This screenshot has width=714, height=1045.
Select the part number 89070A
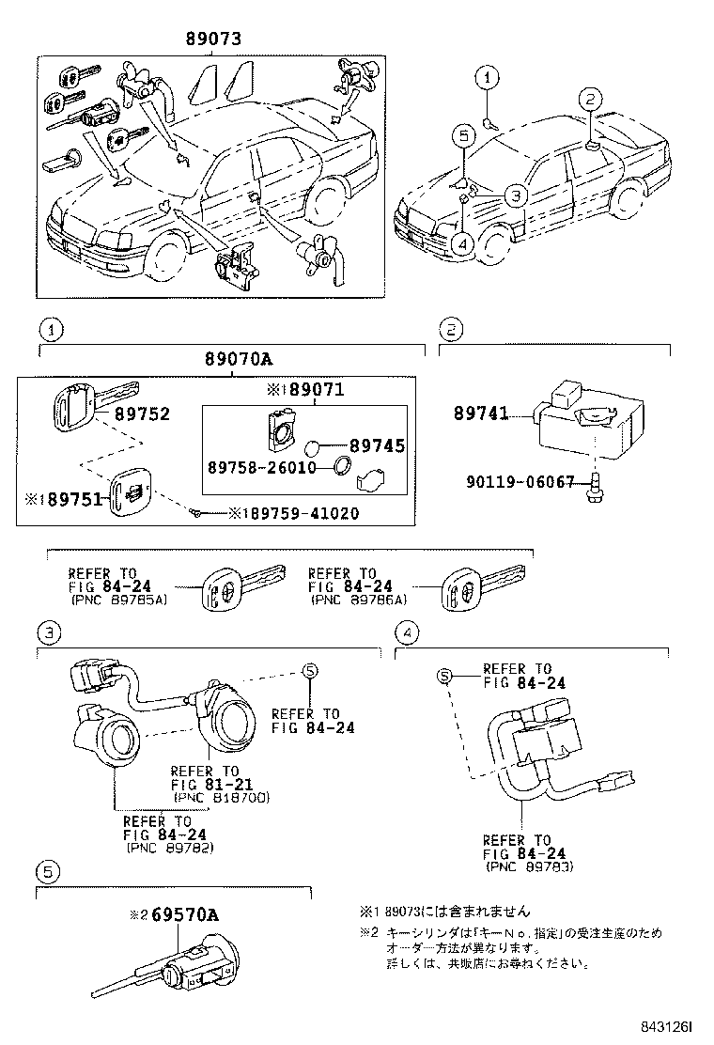coord(238,359)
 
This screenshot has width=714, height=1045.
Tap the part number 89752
coord(142,413)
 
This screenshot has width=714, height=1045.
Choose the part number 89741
coord(480,413)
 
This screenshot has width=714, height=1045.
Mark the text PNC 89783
coord(529,866)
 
